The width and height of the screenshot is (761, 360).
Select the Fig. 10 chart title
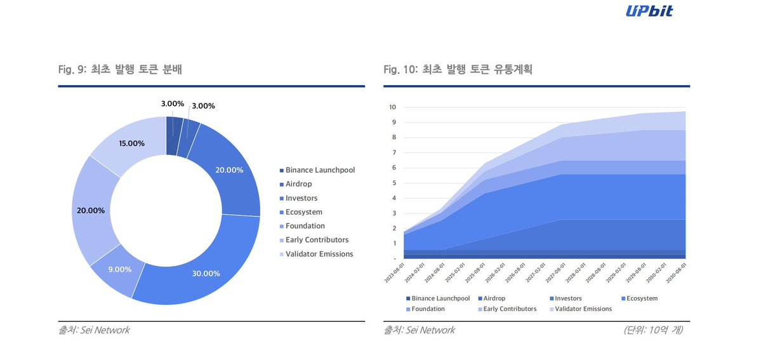[458, 70]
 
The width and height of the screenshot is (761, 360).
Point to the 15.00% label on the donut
[131, 143]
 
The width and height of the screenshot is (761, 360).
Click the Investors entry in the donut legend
[301, 198]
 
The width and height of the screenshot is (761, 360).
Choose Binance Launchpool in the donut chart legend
[320, 170]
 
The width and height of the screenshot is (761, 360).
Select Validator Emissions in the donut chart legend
[319, 254]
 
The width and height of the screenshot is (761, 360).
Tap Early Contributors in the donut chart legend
[317, 240]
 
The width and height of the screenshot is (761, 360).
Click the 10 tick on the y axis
[393, 107]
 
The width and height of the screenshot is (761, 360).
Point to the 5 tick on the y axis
[394, 183]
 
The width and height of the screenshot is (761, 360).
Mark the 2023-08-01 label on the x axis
[394, 276]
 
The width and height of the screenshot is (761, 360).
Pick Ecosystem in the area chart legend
[642, 298]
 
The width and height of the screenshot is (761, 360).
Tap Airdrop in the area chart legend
[494, 298]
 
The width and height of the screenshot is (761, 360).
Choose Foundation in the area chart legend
[428, 309]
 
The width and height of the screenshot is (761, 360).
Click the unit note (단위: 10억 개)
[654, 330]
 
